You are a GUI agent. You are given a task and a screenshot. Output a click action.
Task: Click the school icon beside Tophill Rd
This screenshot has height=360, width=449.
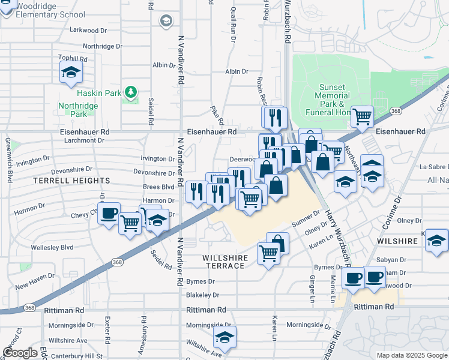71,73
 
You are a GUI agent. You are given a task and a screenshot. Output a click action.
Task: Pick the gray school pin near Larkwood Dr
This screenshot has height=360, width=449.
165,22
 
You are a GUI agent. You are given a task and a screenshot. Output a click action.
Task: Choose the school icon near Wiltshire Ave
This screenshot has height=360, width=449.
224,337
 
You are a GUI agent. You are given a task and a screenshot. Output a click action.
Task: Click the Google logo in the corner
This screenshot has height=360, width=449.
20,352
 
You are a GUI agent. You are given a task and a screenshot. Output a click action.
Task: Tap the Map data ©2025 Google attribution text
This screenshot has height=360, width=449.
411,355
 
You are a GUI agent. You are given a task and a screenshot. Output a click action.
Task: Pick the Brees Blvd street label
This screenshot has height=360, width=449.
158,187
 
